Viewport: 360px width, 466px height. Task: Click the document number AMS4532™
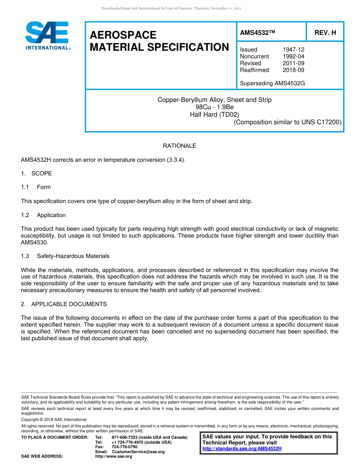tap(257, 33)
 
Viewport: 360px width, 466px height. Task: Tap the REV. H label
tap(325, 33)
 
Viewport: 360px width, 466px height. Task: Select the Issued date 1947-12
tap(293, 50)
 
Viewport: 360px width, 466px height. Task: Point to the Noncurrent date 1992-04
tap(293, 56)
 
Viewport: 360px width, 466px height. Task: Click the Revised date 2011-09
tap(293, 63)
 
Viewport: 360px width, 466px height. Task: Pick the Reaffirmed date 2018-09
tap(293, 70)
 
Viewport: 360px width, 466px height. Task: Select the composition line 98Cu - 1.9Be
tap(214, 107)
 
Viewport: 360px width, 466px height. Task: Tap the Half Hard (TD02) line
tap(214, 114)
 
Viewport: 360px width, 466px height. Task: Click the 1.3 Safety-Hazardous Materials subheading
tap(65, 256)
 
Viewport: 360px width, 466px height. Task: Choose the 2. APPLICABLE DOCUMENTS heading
tap(64, 304)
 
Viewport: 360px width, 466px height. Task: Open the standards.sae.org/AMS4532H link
tap(242, 449)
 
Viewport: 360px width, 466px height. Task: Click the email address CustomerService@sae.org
tap(138, 452)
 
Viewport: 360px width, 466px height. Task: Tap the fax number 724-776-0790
tap(124, 447)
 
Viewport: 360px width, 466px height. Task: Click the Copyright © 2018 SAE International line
tap(54, 420)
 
